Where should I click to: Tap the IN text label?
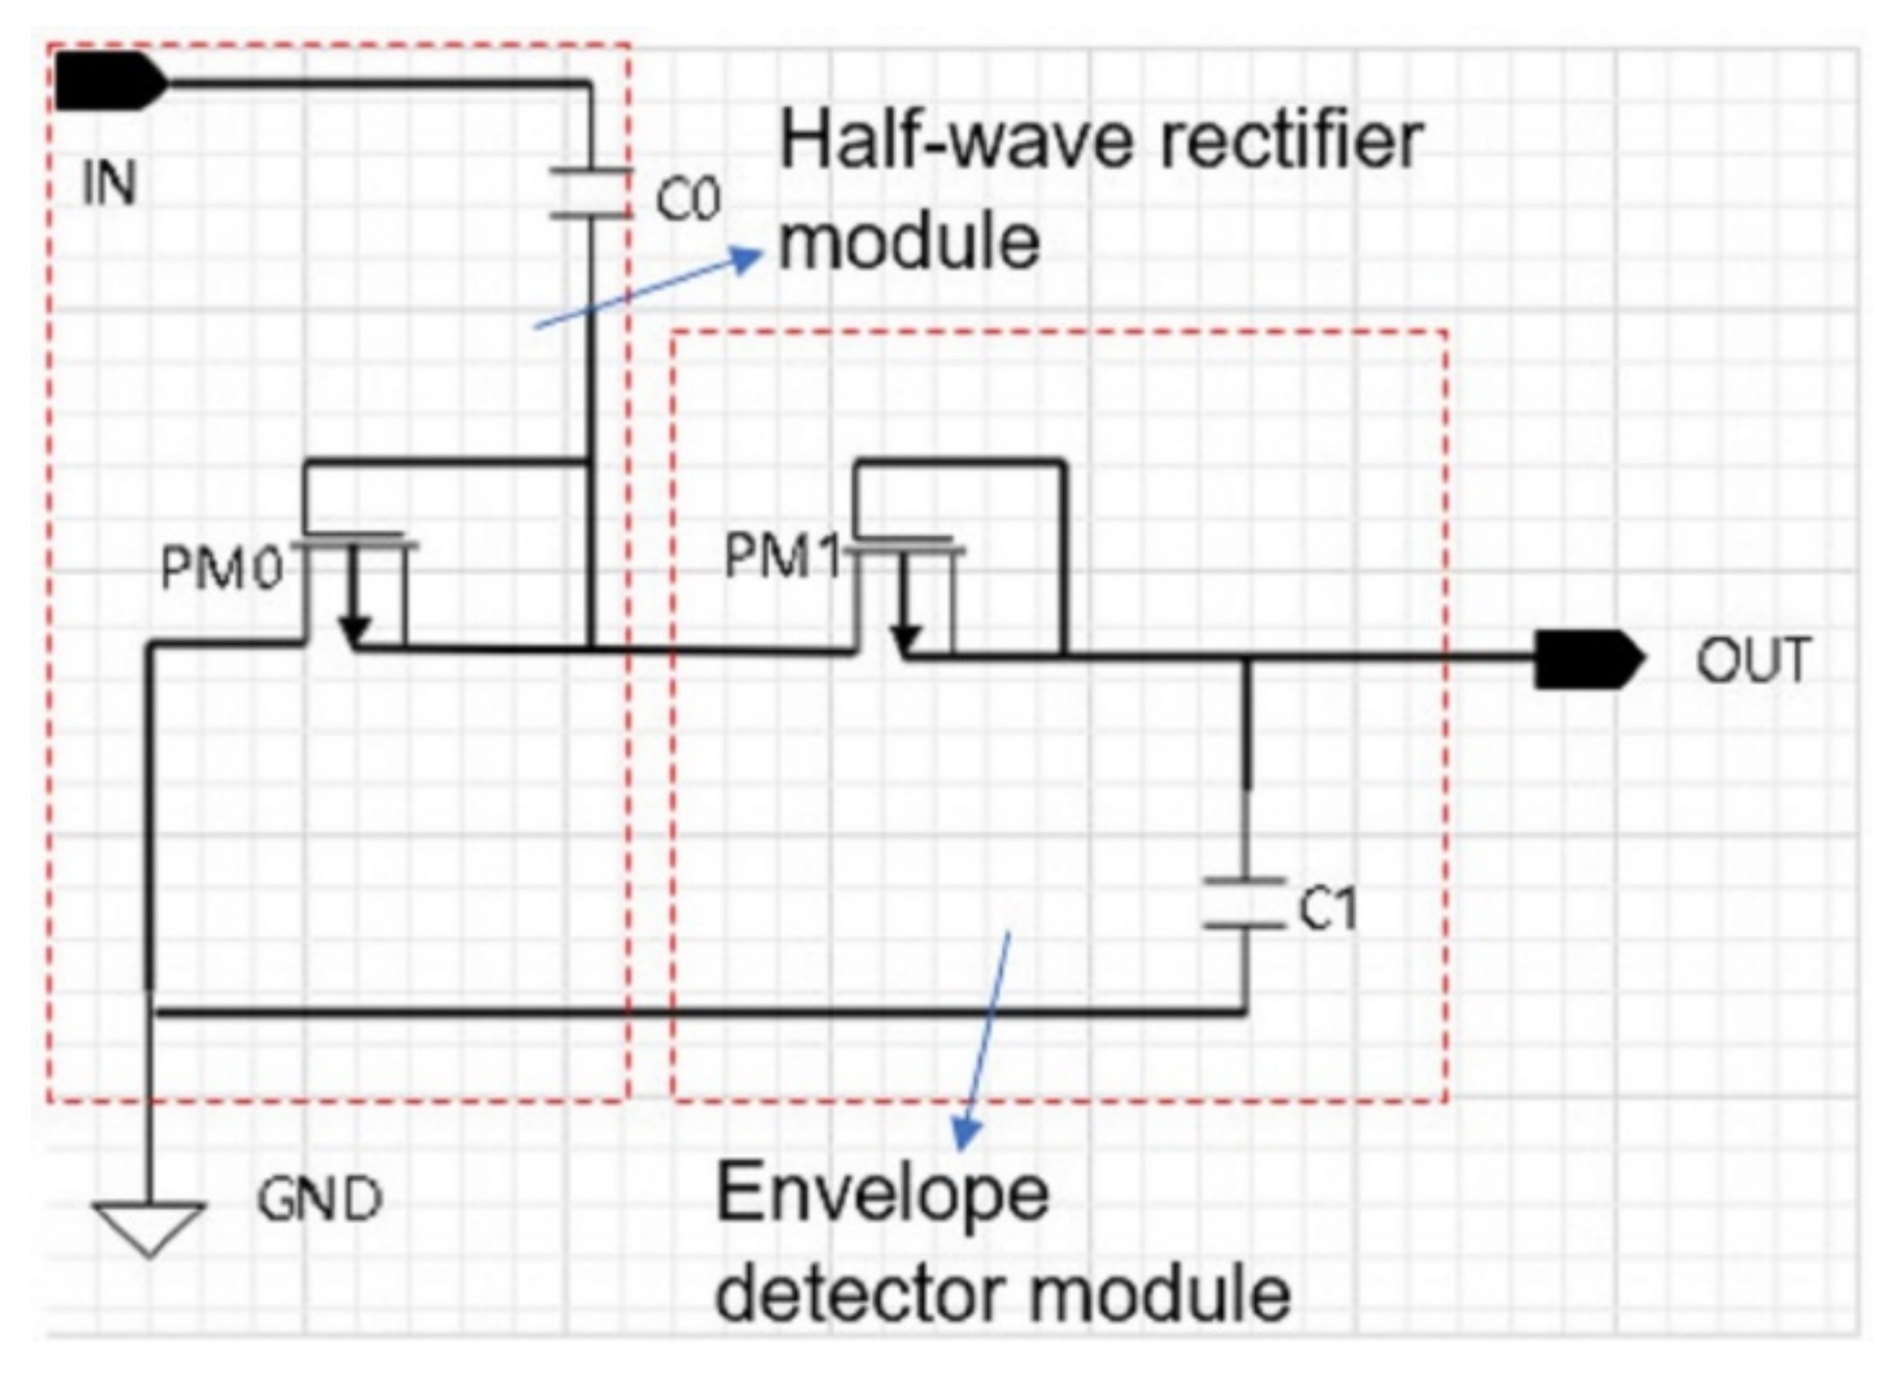point(109,184)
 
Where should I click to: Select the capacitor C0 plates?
point(590,193)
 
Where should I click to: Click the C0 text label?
point(686,200)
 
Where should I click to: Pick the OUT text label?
point(1752,660)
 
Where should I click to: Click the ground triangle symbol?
point(149,1227)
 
